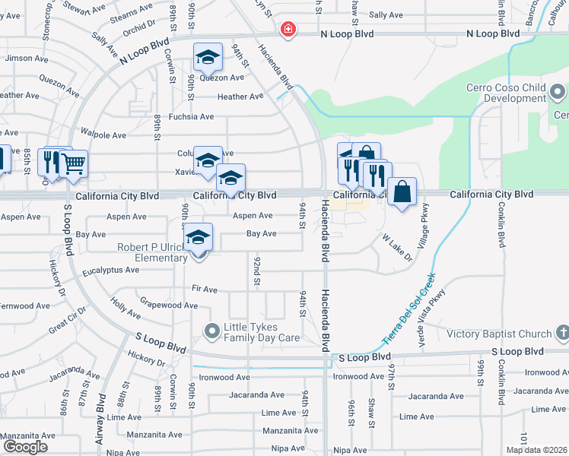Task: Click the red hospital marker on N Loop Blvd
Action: [x=288, y=30]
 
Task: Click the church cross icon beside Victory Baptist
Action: [x=561, y=333]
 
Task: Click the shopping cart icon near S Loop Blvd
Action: [x=73, y=163]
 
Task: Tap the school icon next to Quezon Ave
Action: [x=207, y=57]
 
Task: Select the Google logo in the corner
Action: [x=24, y=447]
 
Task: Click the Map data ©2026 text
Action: [x=537, y=450]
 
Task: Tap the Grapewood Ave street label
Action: [x=168, y=306]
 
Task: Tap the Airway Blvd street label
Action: [x=100, y=413]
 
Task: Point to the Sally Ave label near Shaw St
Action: [x=386, y=15]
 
